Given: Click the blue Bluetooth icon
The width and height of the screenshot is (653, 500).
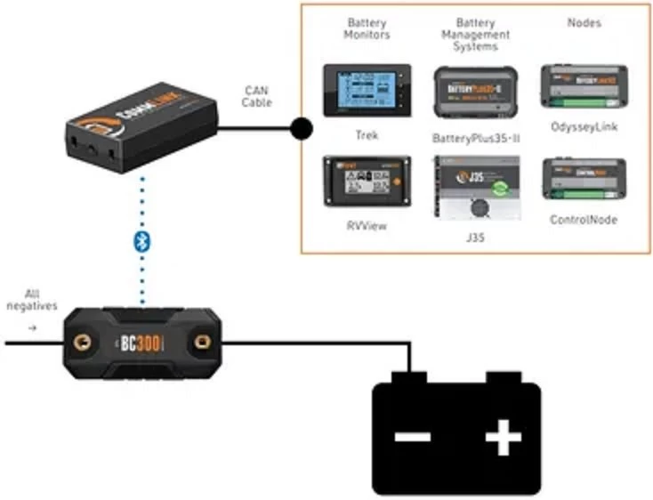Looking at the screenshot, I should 140,240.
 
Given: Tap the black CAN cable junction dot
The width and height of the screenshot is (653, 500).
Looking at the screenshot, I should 301,130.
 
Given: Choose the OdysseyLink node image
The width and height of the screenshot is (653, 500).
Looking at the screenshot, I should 584,86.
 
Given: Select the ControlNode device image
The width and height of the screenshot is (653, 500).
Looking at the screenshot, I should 584,179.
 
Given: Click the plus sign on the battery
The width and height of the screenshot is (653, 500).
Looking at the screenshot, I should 503,438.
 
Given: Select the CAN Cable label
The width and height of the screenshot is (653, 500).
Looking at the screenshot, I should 256,96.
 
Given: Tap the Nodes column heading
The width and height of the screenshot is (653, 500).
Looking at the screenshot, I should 584,22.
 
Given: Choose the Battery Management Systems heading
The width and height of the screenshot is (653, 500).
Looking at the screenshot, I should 475,35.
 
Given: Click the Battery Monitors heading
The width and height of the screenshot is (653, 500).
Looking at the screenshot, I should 367,28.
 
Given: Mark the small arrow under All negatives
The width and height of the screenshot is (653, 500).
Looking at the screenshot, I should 34,326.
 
